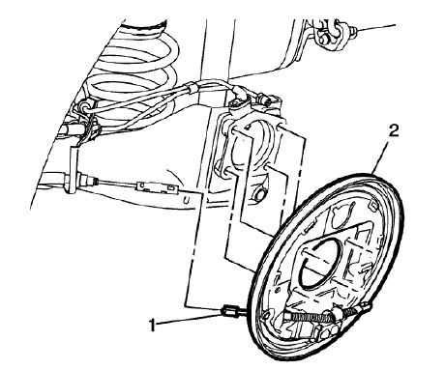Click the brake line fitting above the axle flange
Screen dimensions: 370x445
[x=261, y=100]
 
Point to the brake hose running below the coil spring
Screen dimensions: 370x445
[x=164, y=97]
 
